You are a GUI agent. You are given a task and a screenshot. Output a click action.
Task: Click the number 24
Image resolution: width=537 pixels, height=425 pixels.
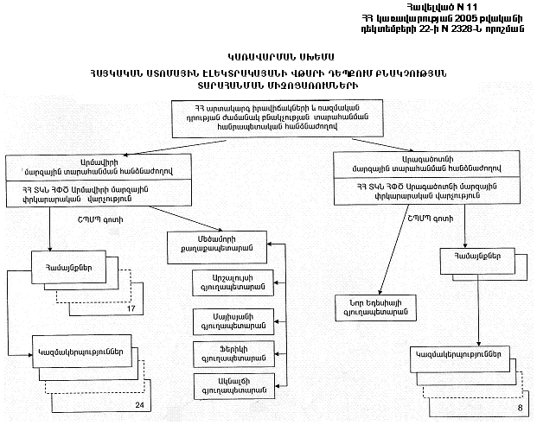[138, 403]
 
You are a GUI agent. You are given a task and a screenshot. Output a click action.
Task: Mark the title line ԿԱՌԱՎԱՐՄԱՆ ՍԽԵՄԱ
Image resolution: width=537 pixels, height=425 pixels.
[268, 54]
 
